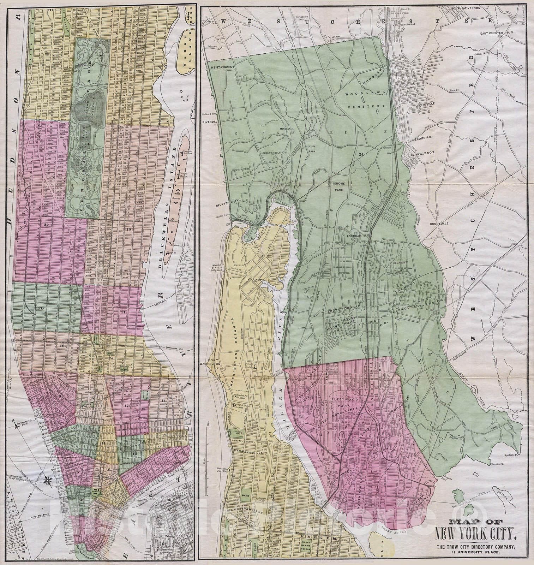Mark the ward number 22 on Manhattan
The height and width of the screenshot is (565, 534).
coord(46,225)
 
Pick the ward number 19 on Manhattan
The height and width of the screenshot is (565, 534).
coord(128,230)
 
